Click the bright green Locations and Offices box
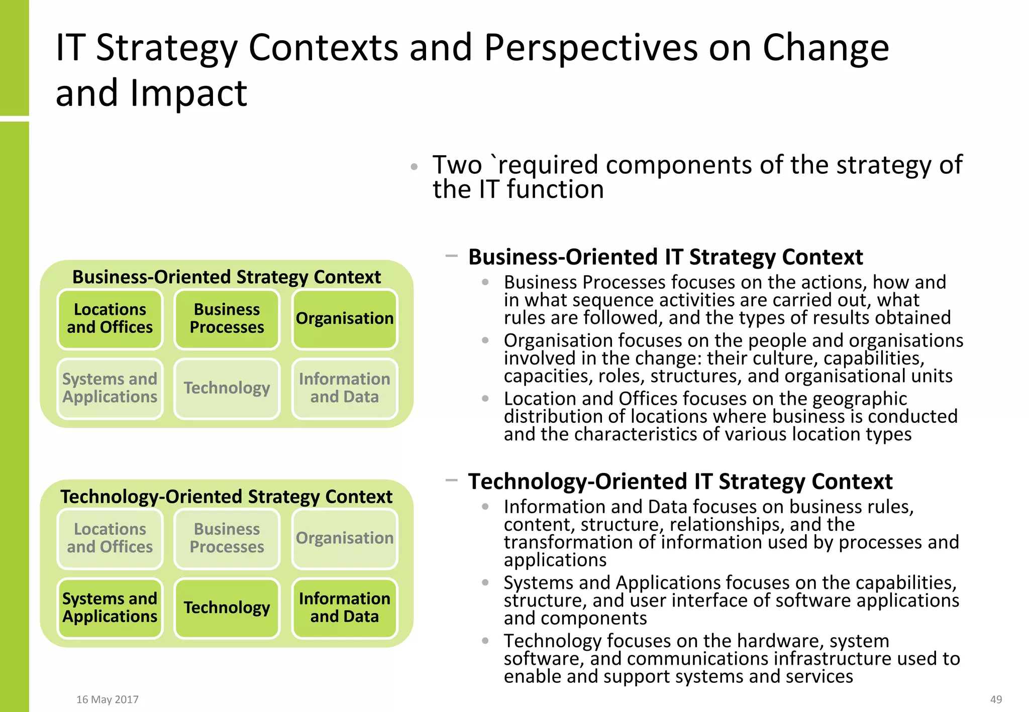click(110, 319)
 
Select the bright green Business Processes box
click(227, 319)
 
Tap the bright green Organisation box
click(345, 319)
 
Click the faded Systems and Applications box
click(110, 388)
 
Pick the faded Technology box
click(227, 388)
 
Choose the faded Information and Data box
click(345, 388)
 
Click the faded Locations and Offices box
click(110, 538)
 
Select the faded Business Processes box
click(227, 538)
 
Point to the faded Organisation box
click(345, 538)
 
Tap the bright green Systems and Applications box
click(110, 608)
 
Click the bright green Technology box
click(227, 608)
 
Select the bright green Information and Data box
click(345, 608)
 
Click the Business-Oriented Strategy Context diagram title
click(227, 277)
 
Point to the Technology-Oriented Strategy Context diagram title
click(227, 497)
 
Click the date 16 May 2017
click(107, 699)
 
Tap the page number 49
click(996, 699)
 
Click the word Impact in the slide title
click(188, 93)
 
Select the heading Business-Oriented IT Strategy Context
click(665, 257)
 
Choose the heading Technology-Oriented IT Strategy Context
click(680, 482)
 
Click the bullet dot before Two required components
click(414, 167)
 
